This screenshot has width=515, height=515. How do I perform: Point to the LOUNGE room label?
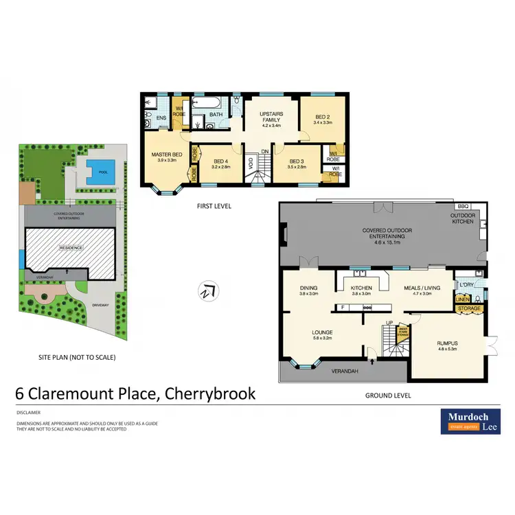322,334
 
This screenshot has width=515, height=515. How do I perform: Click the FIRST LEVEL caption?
214,206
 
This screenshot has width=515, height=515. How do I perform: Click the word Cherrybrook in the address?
208,393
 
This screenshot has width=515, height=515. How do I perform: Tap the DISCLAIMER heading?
28,413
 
